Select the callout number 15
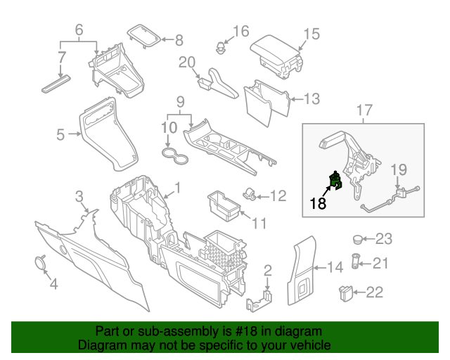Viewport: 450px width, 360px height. (311, 34)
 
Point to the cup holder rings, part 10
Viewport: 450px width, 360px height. (174, 155)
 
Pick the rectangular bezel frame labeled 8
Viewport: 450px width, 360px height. (144, 37)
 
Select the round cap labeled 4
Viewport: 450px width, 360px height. (39, 262)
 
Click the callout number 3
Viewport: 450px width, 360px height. (79, 195)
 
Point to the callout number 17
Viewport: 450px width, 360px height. (364, 110)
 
